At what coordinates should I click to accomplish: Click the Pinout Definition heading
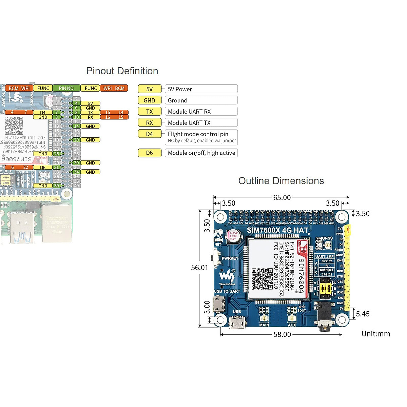tap(122, 71)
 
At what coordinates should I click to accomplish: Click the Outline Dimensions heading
tap(281, 181)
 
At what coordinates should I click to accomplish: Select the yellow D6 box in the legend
tap(150, 153)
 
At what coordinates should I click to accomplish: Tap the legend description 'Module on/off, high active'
tap(201, 153)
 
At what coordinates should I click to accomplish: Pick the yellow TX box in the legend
tap(150, 112)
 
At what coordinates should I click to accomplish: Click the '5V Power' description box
tap(201, 89)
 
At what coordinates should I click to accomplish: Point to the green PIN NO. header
tap(66, 88)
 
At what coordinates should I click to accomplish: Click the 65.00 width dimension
tap(282, 197)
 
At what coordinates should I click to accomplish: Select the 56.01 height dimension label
tap(200, 268)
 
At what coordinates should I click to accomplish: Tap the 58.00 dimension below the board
tap(282, 334)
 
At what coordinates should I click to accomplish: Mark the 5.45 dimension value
tap(363, 314)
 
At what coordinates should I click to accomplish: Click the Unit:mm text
tap(375, 334)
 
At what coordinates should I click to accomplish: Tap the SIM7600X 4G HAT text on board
tap(277, 230)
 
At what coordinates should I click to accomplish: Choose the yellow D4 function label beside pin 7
tap(43, 112)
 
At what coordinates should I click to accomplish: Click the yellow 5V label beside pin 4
tap(90, 103)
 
